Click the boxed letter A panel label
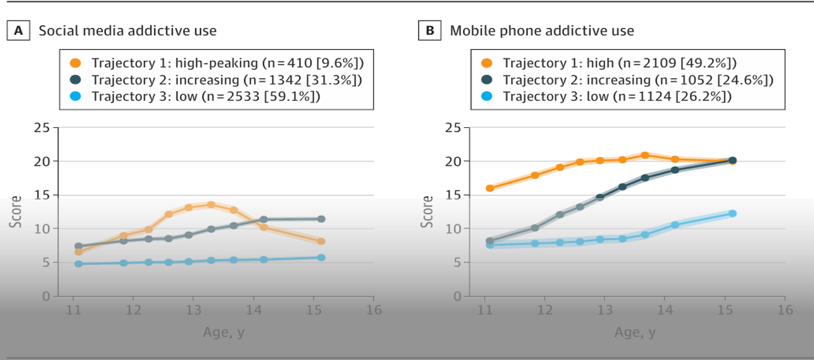(x=18, y=30)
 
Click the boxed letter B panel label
(x=429, y=30)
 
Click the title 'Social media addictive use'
(x=128, y=30)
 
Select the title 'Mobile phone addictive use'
(x=542, y=30)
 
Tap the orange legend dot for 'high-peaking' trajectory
(x=76, y=63)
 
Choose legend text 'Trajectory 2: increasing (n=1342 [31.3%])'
(x=226, y=79)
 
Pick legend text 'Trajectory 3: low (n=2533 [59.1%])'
(x=206, y=96)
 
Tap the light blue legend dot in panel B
(x=487, y=96)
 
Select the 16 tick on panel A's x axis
(x=373, y=309)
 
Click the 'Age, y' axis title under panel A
(x=223, y=333)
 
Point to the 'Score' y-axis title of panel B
(x=427, y=211)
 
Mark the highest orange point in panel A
(x=211, y=205)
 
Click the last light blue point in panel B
(x=732, y=214)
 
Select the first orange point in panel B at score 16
(x=490, y=188)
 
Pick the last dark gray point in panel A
(x=321, y=219)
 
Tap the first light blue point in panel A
(x=78, y=264)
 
